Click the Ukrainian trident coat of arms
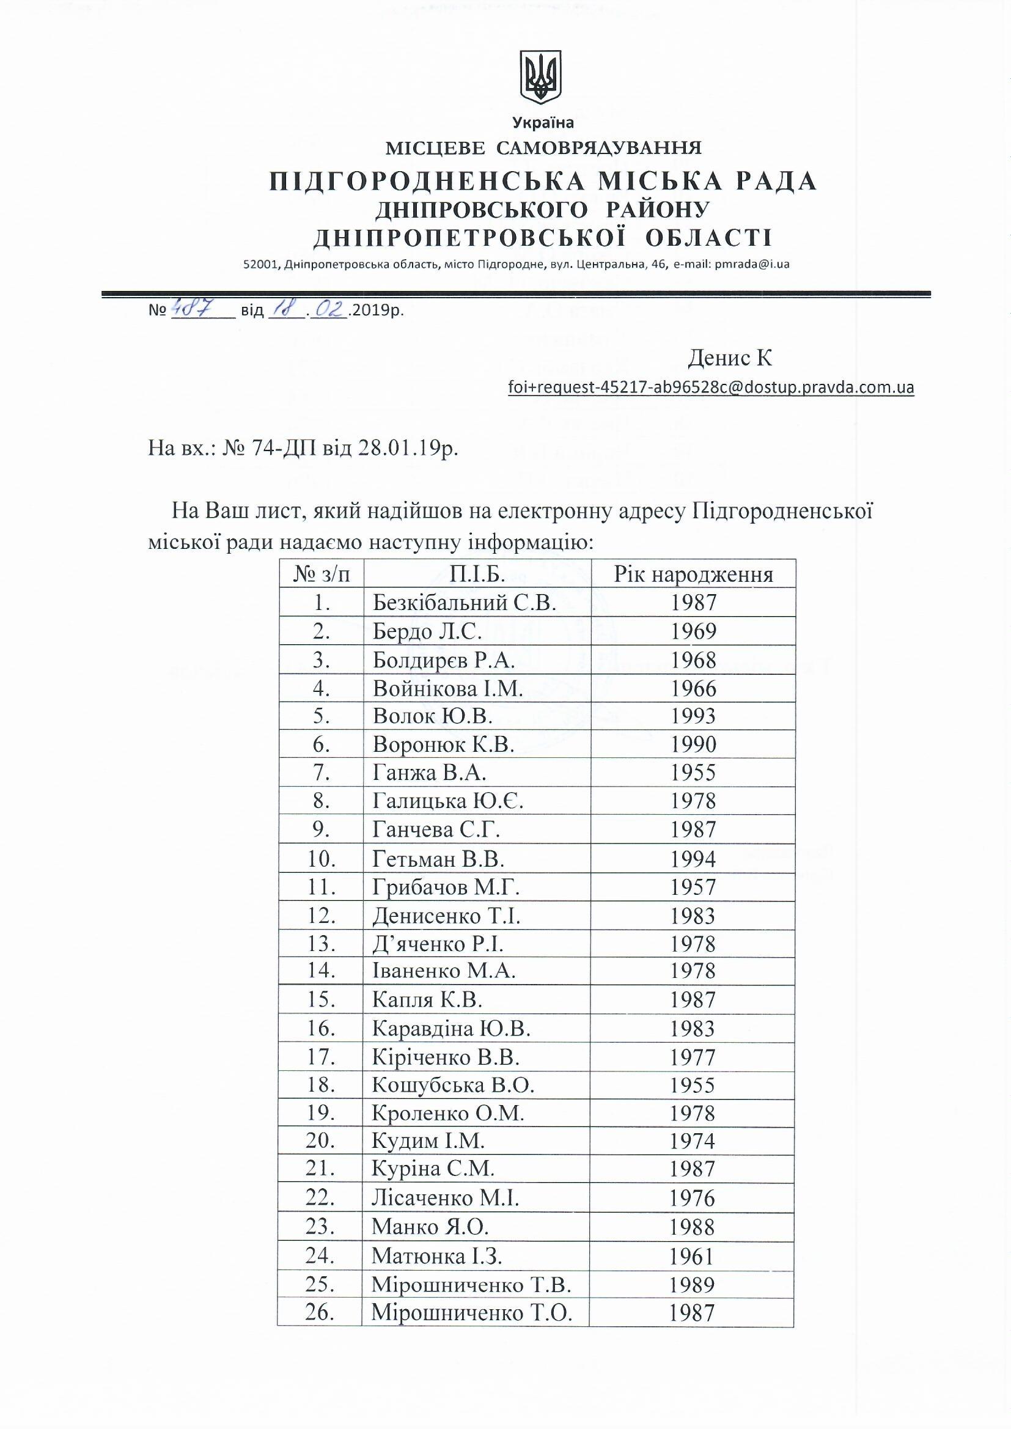click(540, 78)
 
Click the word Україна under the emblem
click(543, 123)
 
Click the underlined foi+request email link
click(711, 388)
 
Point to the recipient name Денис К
click(730, 358)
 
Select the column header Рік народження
click(693, 574)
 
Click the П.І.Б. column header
click(477, 574)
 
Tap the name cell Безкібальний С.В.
click(464, 603)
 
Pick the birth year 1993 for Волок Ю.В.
click(693, 716)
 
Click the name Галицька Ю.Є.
click(447, 802)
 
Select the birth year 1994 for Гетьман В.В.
click(693, 859)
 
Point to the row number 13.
click(322, 944)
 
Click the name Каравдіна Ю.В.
click(451, 1029)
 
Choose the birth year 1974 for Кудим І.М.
click(693, 1141)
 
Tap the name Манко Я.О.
click(430, 1226)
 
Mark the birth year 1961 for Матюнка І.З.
click(693, 1257)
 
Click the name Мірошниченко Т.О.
click(471, 1313)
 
